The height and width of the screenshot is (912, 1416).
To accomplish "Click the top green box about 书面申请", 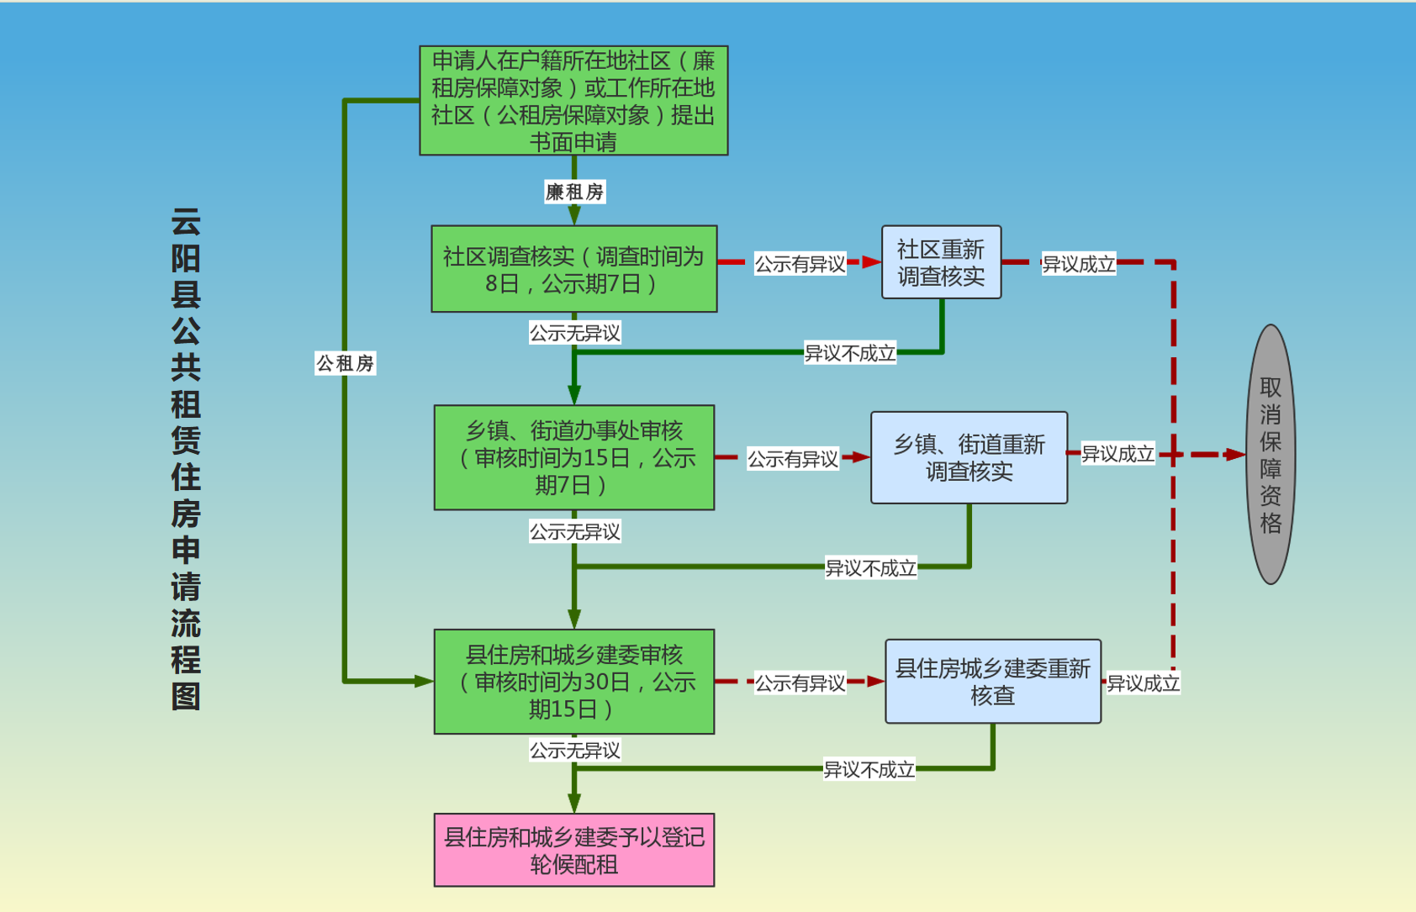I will tap(573, 101).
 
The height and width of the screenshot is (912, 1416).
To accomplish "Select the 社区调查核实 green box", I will tap(573, 269).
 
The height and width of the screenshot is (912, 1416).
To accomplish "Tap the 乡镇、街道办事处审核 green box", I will tap(573, 457).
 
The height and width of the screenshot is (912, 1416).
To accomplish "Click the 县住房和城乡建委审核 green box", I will tap(573, 682).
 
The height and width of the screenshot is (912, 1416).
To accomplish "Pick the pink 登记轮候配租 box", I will tap(573, 850).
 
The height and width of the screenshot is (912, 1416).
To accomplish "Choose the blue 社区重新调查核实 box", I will tap(941, 262).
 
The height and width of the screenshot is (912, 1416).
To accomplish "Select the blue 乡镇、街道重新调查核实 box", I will tap(969, 457).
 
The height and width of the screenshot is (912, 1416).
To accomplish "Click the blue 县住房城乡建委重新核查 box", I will tap(992, 682).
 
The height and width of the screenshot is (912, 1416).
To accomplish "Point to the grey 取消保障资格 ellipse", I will tap(1271, 454).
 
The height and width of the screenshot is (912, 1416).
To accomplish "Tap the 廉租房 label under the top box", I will tap(574, 192).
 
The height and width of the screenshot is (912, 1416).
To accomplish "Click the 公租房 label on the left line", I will tap(345, 363).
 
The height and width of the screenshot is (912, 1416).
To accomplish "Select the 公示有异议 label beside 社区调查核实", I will tap(800, 264).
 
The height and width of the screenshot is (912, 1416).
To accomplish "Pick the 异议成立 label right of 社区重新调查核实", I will tap(1079, 264).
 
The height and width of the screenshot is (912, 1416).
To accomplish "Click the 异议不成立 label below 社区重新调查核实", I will tap(850, 353).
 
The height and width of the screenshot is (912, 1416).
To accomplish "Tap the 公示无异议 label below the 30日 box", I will tap(574, 750).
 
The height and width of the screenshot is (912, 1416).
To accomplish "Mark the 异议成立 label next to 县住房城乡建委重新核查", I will tap(1143, 683).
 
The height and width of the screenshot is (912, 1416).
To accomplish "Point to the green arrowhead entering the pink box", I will tap(574, 803).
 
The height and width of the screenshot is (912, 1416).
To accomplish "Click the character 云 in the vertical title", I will tap(186, 222).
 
